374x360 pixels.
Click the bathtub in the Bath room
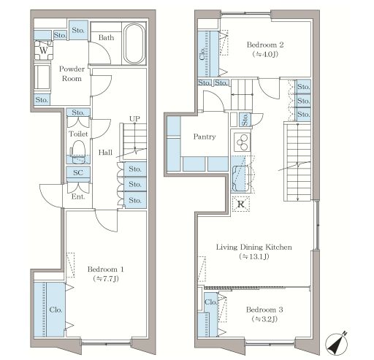pyautogui.click(x=134, y=44)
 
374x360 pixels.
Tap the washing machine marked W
pyautogui.click(x=43, y=50)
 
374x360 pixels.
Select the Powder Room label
pyautogui.click(x=72, y=74)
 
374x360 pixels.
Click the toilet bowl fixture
pyautogui.click(x=78, y=150)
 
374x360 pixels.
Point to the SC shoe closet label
pyautogui.click(x=78, y=172)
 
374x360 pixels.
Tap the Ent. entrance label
pyautogui.click(x=78, y=196)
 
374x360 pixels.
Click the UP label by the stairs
pyautogui.click(x=134, y=119)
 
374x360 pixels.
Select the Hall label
pyautogui.click(x=105, y=153)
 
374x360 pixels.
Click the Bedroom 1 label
pyautogui.click(x=106, y=269)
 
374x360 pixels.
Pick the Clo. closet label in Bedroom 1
pyautogui.click(x=56, y=310)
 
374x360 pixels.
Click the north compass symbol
pyautogui.click(x=337, y=344)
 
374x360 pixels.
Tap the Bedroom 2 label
pyautogui.click(x=265, y=45)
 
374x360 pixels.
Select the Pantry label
pyautogui.click(x=205, y=137)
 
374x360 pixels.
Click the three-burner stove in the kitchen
pyautogui.click(x=242, y=142)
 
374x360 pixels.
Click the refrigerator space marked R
pyautogui.click(x=241, y=204)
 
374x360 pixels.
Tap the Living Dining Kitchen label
pyautogui.click(x=254, y=247)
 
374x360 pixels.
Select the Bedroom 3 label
pyautogui.click(x=264, y=310)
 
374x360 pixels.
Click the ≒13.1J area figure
pyautogui.click(x=254, y=256)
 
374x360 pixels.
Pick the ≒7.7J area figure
pyautogui.click(x=106, y=278)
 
